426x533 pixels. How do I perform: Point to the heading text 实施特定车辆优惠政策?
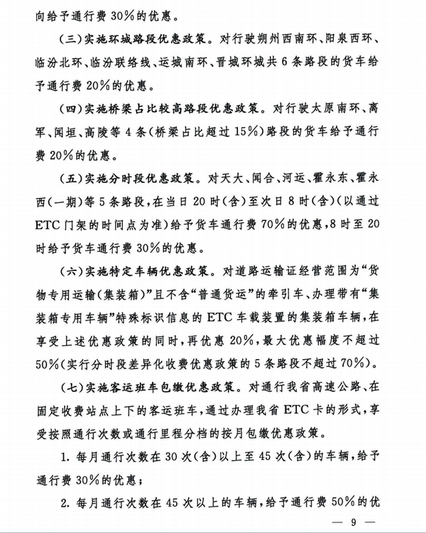pyautogui.click(x=146, y=270)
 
